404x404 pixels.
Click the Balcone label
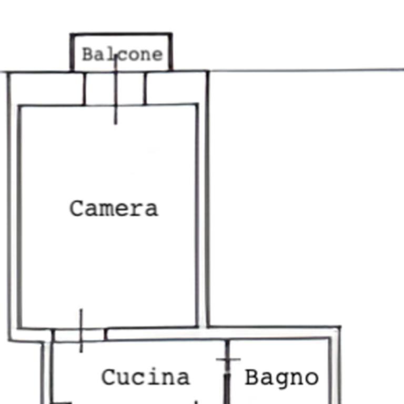click(x=123, y=55)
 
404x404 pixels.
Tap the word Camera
click(x=114, y=208)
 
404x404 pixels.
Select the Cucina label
click(x=146, y=377)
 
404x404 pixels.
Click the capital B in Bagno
click(x=251, y=377)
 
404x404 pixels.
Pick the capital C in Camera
click(x=77, y=208)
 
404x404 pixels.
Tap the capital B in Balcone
click(x=88, y=54)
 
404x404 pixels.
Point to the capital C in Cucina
click(x=109, y=377)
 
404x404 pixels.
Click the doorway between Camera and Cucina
click(x=79, y=335)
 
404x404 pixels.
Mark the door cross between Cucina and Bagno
click(x=228, y=359)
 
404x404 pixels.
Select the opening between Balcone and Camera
click(x=115, y=88)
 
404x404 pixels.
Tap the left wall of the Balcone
click(x=72, y=52)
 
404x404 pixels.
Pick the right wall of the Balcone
click(x=170, y=52)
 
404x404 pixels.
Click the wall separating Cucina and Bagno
click(x=227, y=371)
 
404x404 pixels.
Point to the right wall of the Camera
click(x=197, y=215)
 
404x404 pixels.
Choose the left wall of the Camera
click(x=19, y=217)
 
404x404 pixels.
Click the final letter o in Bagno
click(x=312, y=378)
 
